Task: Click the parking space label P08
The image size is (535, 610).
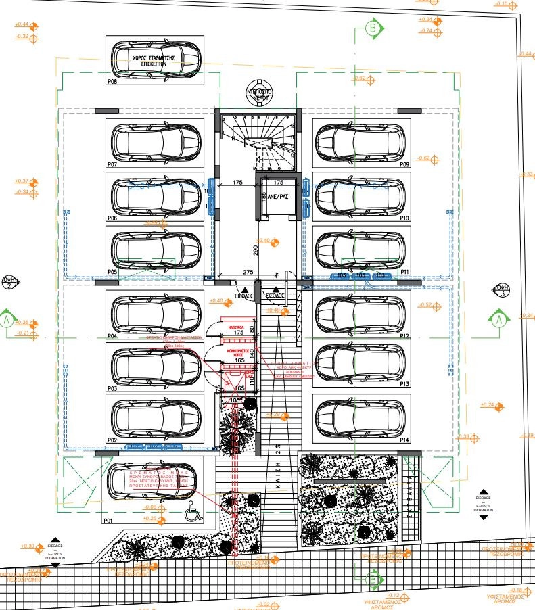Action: point(112,81)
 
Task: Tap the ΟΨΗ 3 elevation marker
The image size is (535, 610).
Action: point(502,290)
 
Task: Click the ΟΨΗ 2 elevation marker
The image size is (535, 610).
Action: point(9,282)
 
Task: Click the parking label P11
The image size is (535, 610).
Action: point(405,271)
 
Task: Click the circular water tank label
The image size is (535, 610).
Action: point(258,95)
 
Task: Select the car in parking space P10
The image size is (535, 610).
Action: point(361,196)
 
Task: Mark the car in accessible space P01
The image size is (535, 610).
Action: point(150,487)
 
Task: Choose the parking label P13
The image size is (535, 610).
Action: point(405,384)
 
